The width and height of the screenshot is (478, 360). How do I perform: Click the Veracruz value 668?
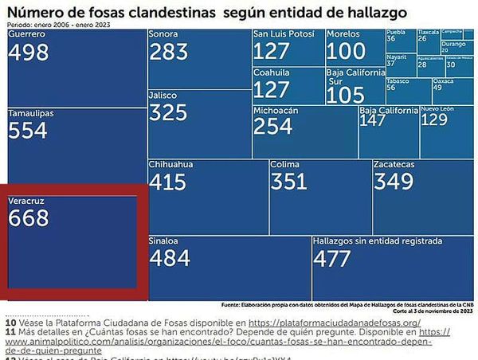coord(29,218)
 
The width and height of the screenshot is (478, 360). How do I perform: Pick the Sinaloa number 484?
coord(169,257)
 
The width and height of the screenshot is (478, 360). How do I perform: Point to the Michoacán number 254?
coord(273,127)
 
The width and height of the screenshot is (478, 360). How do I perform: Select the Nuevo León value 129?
coord(434,119)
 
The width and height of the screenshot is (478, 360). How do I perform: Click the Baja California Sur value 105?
coord(345,95)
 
